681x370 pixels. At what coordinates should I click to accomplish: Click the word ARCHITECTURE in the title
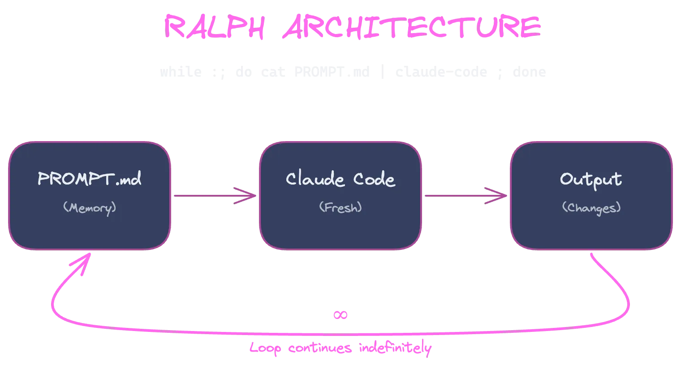(411, 27)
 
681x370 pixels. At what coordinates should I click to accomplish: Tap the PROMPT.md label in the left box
(90, 179)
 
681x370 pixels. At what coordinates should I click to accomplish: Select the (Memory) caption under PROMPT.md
(90, 207)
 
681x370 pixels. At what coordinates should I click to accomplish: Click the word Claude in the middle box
(315, 179)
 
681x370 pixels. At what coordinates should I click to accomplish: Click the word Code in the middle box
(374, 179)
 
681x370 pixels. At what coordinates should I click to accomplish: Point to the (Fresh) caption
(340, 207)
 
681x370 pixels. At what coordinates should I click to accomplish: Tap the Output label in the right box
(591, 179)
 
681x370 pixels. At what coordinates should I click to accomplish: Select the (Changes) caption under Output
(591, 208)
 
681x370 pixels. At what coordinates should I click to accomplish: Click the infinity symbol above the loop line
(340, 315)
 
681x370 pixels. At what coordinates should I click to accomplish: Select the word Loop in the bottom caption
(265, 348)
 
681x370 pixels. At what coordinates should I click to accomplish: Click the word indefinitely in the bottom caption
(395, 348)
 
